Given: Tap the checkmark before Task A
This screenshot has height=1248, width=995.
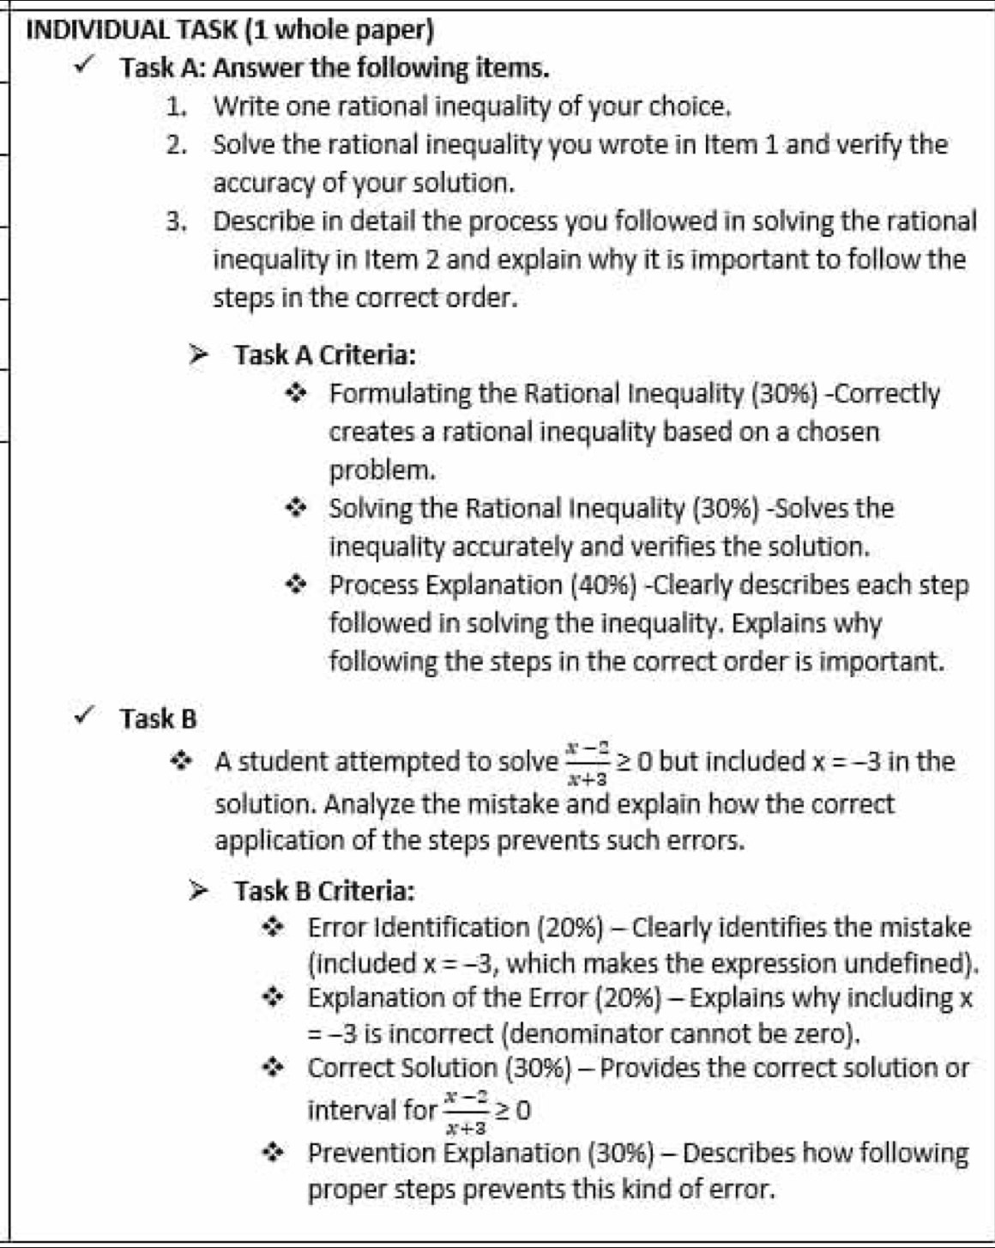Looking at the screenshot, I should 87,66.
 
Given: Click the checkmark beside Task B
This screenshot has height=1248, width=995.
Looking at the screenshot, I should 87,717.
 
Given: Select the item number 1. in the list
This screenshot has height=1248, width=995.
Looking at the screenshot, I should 178,106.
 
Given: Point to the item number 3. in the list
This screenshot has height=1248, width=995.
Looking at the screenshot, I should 178,221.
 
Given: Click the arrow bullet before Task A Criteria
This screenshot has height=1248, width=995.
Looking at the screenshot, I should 200,354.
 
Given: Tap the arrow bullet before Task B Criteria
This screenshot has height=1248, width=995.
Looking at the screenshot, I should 200,891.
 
